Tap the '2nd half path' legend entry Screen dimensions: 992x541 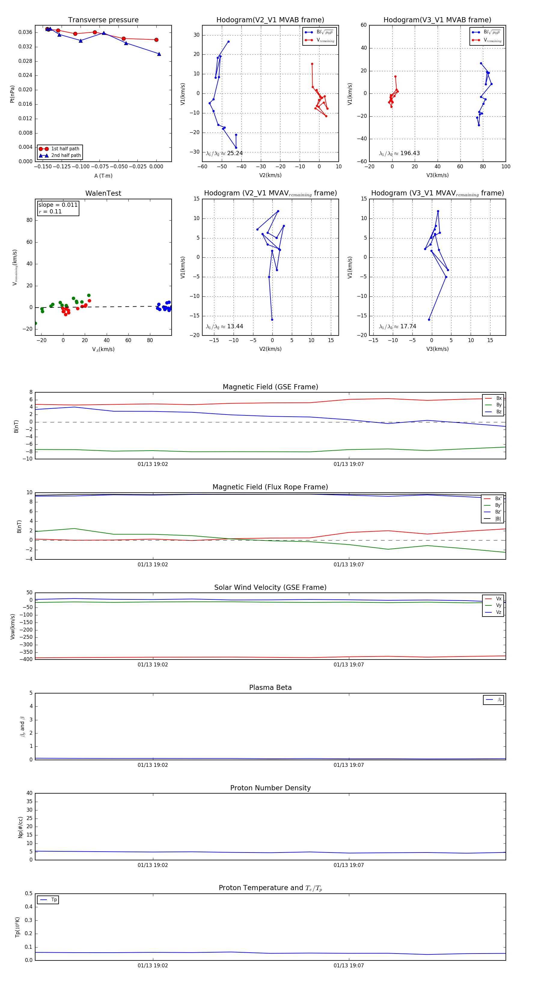pyautogui.click(x=66, y=156)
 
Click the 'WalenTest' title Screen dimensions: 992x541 pyautogui.click(x=103, y=193)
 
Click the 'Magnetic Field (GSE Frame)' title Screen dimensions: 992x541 pyautogui.click(x=270, y=387)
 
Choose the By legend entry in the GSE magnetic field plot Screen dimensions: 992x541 pyautogui.click(x=498, y=405)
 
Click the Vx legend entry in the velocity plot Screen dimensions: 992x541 pyautogui.click(x=498, y=599)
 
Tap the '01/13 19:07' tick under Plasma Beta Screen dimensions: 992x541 pyautogui.click(x=348, y=765)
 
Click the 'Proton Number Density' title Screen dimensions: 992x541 pyautogui.click(x=270, y=788)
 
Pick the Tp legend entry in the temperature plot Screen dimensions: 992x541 pyautogui.click(x=53, y=900)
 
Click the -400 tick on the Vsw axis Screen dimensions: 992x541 pyautogui.click(x=26, y=659)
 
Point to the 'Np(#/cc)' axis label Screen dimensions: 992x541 pyautogui.click(x=20, y=827)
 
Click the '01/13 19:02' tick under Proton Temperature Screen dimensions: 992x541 pyautogui.click(x=153, y=966)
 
